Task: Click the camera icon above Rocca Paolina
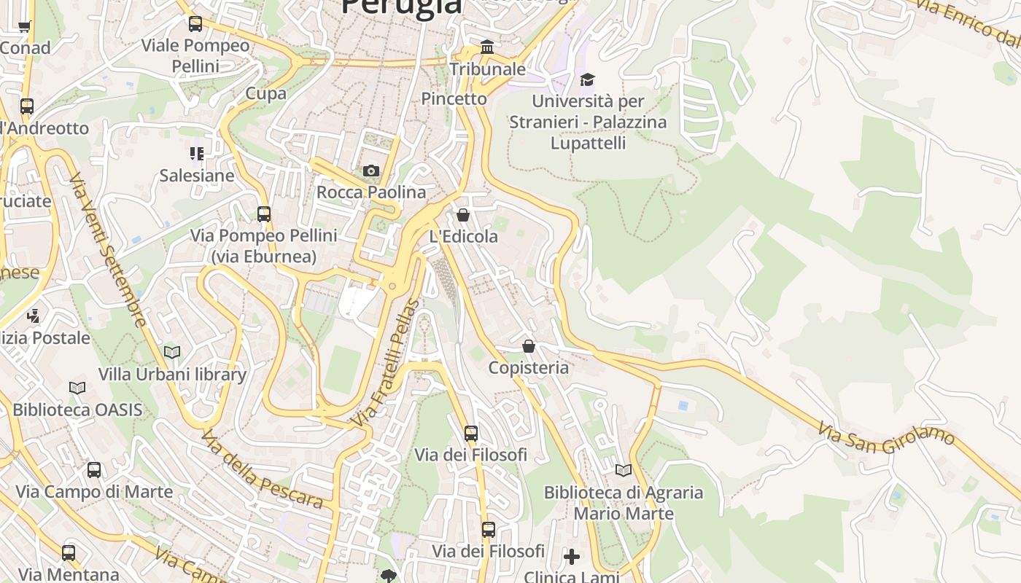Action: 371,171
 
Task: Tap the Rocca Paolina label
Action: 371,192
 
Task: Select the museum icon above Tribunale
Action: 487,48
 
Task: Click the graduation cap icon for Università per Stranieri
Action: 588,79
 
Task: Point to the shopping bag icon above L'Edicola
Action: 462,215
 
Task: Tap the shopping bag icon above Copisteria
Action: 529,346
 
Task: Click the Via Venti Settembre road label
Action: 108,250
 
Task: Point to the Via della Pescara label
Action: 262,469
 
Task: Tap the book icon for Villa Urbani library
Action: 172,353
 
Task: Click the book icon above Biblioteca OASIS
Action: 77,388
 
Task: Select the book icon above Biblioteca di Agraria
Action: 623,471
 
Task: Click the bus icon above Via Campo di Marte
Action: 94,470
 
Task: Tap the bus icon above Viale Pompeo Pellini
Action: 195,24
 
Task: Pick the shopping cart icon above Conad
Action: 24,27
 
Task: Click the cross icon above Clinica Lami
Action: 572,557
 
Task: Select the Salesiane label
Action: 197,176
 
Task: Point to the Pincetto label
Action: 454,98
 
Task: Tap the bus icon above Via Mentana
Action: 69,553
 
